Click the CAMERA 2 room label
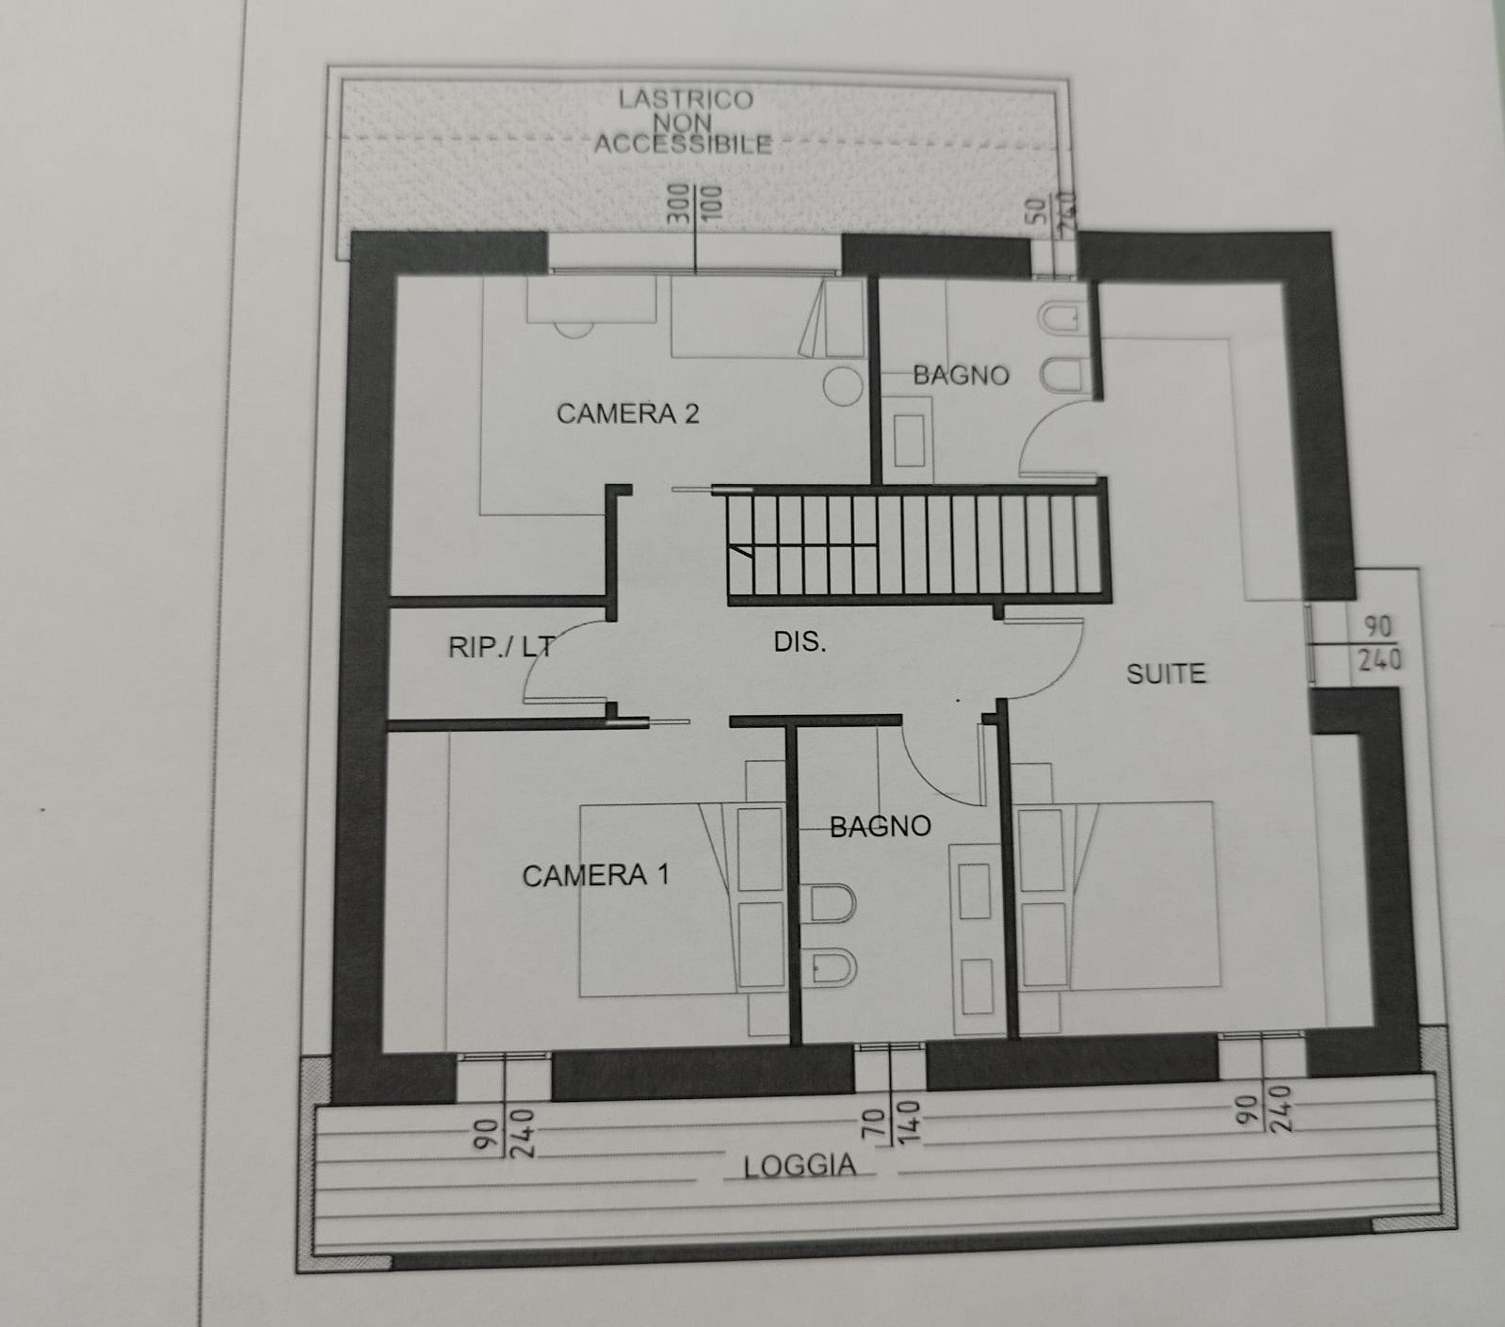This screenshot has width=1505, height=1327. [627, 413]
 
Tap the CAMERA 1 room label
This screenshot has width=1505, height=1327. [595, 876]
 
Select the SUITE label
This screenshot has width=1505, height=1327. [1166, 673]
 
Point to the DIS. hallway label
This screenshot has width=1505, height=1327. [800, 642]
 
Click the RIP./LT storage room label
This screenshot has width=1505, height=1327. [500, 647]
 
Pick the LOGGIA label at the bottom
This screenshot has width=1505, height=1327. [800, 1166]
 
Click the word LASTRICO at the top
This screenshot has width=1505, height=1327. [686, 100]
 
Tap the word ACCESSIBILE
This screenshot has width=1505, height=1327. [683, 144]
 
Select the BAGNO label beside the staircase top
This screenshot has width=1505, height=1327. [961, 376]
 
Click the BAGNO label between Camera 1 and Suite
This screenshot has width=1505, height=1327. [880, 827]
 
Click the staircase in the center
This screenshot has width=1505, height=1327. [914, 544]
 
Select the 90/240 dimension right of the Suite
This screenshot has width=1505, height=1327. [1379, 643]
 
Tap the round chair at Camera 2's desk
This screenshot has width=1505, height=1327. [574, 329]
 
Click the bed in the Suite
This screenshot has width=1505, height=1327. [1121, 895]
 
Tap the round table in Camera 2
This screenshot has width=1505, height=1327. [843, 386]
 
